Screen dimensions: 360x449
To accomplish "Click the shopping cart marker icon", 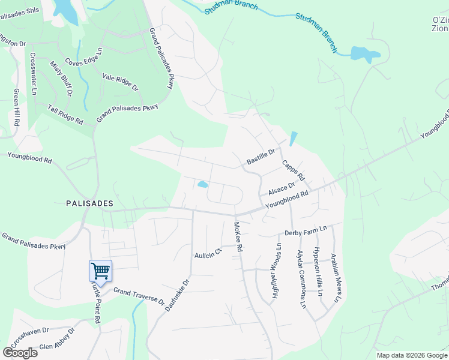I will (100, 271).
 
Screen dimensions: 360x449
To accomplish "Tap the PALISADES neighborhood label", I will (89, 203).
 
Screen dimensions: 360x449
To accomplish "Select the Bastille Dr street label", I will (260, 158).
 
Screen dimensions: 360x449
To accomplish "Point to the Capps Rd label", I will (294, 170).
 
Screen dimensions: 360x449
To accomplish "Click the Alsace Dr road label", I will (282, 189).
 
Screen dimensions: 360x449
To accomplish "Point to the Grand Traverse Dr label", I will (139, 295).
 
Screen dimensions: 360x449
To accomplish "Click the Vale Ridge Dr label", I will (120, 82).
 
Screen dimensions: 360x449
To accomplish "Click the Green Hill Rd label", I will (16, 109).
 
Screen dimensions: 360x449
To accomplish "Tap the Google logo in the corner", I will (20, 352).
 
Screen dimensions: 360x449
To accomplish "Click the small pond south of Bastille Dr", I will (203, 185).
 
